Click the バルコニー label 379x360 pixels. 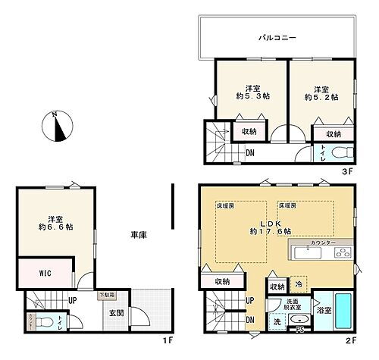276,36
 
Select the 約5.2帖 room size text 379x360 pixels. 321,97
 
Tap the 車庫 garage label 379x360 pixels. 137,235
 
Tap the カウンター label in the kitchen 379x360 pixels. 324,243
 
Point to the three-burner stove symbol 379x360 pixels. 340,252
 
